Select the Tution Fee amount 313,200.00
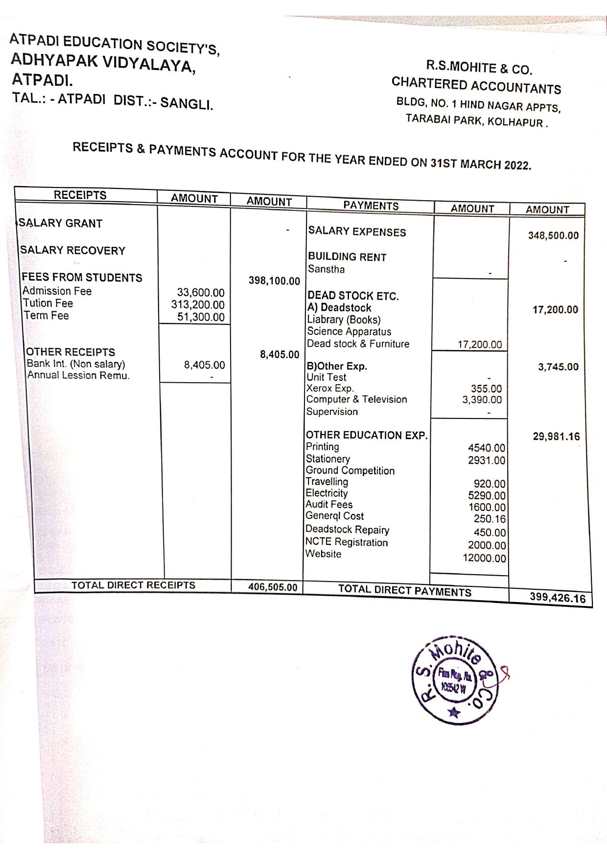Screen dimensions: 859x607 (x=198, y=305)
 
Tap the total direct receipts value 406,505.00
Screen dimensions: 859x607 (x=272, y=587)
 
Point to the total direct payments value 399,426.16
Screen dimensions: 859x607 (x=557, y=598)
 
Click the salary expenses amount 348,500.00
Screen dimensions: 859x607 (x=553, y=235)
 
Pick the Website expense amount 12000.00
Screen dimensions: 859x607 (x=484, y=558)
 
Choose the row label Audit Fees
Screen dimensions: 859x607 (x=329, y=505)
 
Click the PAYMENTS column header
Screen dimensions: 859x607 (x=371, y=206)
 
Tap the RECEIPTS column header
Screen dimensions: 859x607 (x=80, y=195)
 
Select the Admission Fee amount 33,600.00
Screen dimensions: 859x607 (x=201, y=293)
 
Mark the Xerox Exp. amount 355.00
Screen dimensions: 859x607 (x=486, y=389)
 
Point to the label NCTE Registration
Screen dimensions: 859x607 (x=347, y=542)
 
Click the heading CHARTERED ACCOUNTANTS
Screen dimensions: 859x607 (x=476, y=86)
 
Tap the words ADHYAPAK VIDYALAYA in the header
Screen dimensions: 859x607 (x=103, y=62)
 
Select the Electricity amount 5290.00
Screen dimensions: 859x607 (x=487, y=496)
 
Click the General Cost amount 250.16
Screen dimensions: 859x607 (x=490, y=519)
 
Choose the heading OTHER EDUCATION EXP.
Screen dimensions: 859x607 (x=367, y=435)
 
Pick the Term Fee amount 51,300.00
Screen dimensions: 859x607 (x=201, y=317)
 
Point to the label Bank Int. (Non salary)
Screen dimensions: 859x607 (x=76, y=364)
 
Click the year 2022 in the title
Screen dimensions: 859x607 (x=517, y=165)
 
